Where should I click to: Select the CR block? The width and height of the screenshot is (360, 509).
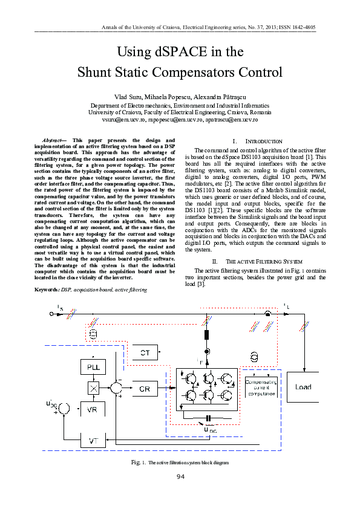(x=144, y=389)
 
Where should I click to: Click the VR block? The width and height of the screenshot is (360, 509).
(x=93, y=409)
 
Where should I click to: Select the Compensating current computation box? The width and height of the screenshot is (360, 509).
(x=260, y=386)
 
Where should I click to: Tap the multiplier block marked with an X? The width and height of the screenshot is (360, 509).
(x=93, y=388)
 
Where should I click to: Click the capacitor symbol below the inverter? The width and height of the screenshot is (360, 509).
(x=208, y=418)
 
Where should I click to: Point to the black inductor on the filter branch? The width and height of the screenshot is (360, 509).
(x=206, y=335)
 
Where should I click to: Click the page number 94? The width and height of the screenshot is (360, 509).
(x=180, y=478)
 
